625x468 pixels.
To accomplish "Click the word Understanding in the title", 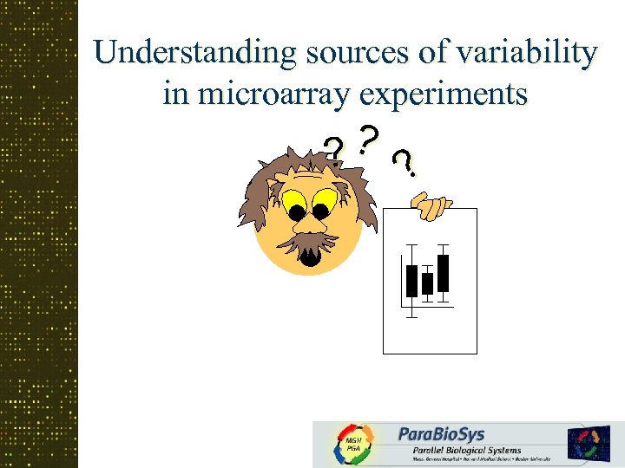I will [194, 54].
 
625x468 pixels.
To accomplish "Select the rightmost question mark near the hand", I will [403, 162].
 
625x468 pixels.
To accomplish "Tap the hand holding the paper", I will [431, 206].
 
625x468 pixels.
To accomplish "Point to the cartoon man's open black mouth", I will [310, 257].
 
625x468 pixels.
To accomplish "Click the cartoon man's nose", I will [308, 228].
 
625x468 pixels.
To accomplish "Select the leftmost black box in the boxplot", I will [411, 281].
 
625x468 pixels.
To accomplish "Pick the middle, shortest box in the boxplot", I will [427, 283].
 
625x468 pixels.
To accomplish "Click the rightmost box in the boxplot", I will [443, 273].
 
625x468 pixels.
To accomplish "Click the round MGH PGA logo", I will [353, 444].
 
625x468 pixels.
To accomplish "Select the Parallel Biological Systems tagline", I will [460, 450].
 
